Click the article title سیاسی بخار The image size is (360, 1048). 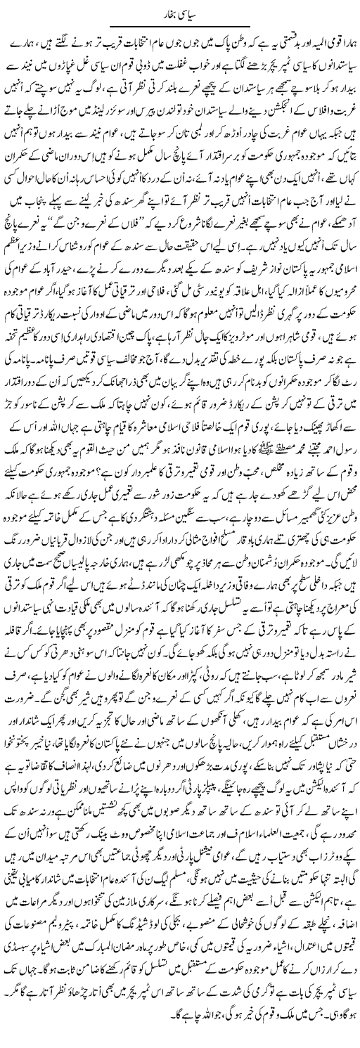click(180, 11)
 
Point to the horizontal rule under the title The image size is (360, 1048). click(180, 24)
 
